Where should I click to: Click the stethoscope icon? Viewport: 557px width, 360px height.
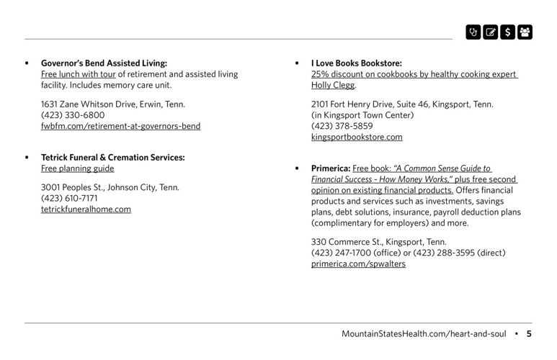pyautogui.click(x=473, y=32)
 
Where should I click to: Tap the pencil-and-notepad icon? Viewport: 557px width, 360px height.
pyautogui.click(x=491, y=32)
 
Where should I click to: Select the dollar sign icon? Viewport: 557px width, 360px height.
pyautogui.click(x=507, y=32)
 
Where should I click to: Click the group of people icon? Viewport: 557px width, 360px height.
pyautogui.click(x=525, y=32)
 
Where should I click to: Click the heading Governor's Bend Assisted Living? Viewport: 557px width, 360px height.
pyautogui.click(x=104, y=63)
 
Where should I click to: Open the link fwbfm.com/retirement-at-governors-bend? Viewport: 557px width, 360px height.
pyautogui.click(x=120, y=126)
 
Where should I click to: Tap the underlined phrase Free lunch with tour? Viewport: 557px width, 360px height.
pyautogui.click(x=78, y=74)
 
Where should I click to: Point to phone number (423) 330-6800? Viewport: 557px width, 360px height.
pyautogui.click(x=73, y=115)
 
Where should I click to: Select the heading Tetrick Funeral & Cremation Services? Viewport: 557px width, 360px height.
pyautogui.click(x=112, y=157)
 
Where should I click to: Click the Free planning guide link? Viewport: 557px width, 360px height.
pyautogui.click(x=77, y=168)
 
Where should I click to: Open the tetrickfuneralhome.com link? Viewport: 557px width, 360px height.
pyautogui.click(x=86, y=210)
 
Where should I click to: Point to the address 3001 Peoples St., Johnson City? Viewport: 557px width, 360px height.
pyautogui.click(x=110, y=187)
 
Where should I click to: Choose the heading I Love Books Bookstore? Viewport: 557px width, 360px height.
pyautogui.click(x=356, y=63)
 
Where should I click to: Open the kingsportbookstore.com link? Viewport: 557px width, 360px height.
pyautogui.click(x=357, y=137)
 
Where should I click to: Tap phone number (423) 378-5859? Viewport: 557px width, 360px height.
pyautogui.click(x=342, y=126)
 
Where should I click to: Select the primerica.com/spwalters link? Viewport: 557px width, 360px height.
pyautogui.click(x=358, y=264)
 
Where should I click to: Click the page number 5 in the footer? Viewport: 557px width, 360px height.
pyautogui.click(x=529, y=333)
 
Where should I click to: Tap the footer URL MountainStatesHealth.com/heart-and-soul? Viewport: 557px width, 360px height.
pyautogui.click(x=424, y=333)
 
